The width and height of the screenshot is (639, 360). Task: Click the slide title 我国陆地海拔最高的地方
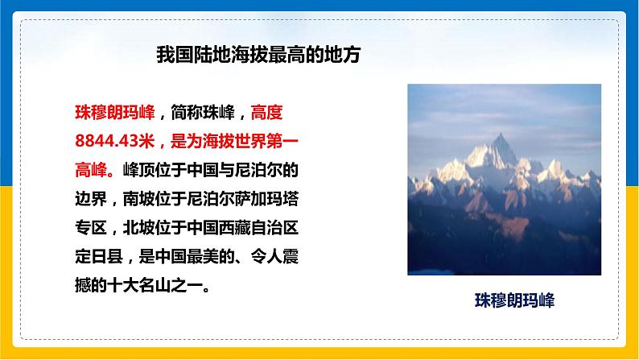(258, 55)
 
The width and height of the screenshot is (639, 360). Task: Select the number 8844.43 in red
(107, 141)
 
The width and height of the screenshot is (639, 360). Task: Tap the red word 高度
(266, 113)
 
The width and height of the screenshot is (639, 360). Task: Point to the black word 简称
(187, 113)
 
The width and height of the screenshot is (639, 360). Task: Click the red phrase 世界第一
(266, 141)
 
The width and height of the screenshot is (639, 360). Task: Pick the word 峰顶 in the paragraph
(138, 170)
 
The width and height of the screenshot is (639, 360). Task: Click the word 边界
(91, 199)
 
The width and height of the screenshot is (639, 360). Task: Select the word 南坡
(138, 199)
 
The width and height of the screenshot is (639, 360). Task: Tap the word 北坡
(138, 227)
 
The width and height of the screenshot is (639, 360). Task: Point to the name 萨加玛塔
(266, 199)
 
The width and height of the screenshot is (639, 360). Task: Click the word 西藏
(235, 227)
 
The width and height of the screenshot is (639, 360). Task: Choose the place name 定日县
(99, 256)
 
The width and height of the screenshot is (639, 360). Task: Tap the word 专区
(91, 227)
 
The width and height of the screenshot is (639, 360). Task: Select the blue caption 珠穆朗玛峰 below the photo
(515, 300)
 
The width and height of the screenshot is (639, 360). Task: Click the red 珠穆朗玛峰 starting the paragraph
(115, 113)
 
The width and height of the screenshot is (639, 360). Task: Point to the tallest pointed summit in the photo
(501, 134)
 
